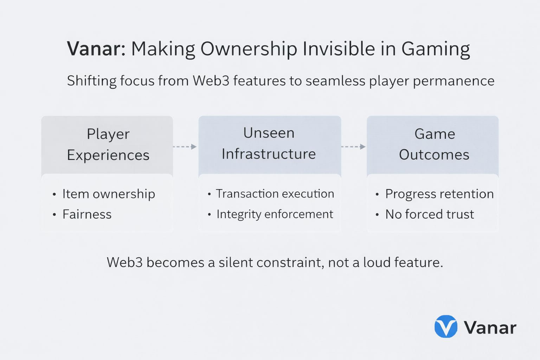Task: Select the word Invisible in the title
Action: [339, 49]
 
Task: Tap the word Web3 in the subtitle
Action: [211, 81]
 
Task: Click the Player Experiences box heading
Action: [108, 144]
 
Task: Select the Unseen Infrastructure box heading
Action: [269, 143]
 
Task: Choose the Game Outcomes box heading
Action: [435, 144]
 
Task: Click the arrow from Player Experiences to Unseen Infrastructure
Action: [185, 147]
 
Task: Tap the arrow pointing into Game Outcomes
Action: [354, 147]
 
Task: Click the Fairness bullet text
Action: [87, 214]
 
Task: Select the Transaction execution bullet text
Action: [275, 194]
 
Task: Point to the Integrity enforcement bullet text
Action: [275, 214]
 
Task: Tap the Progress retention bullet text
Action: [439, 194]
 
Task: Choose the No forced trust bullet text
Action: [430, 214]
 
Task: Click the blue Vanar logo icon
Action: [446, 326]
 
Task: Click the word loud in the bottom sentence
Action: [377, 262]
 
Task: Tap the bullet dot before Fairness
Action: [54, 214]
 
